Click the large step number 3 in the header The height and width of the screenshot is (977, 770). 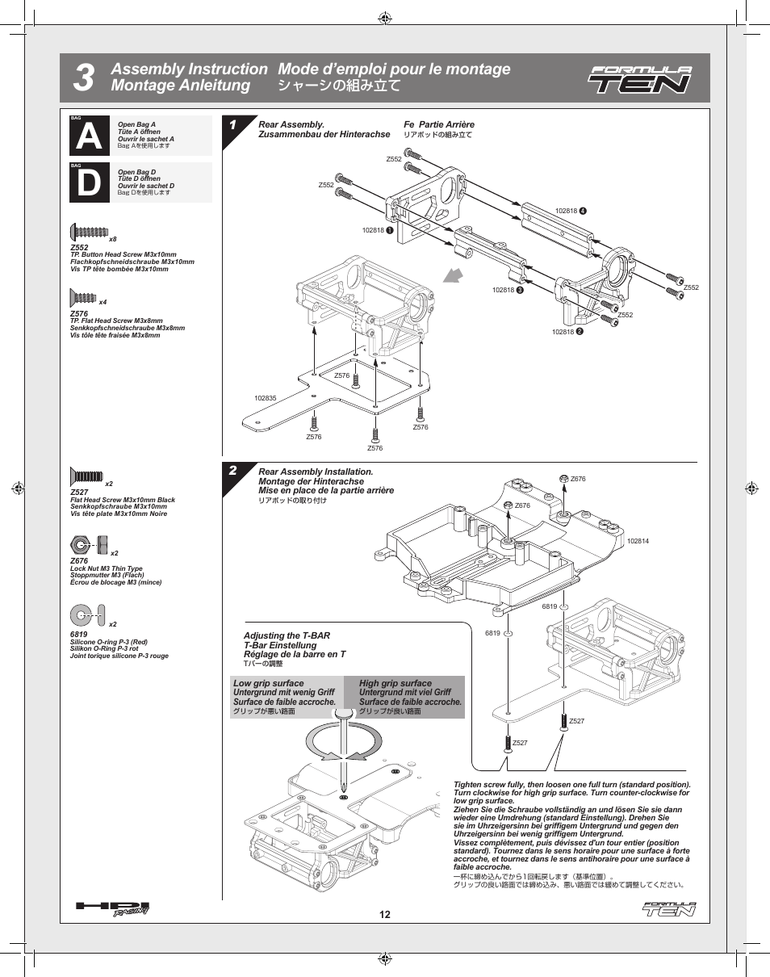(83, 78)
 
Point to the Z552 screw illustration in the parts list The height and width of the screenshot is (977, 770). (87, 233)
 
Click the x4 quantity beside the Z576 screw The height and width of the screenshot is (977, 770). (103, 302)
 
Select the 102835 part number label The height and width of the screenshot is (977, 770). (266, 398)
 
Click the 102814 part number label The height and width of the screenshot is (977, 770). (638, 541)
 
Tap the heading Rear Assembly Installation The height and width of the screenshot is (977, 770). (316, 472)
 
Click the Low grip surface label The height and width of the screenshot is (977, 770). (269, 683)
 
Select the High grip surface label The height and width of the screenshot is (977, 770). (395, 683)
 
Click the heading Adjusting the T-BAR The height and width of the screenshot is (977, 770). (287, 636)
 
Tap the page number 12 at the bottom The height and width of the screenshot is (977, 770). (385, 915)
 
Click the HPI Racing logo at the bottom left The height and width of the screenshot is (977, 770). (112, 908)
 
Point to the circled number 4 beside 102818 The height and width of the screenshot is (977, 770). (583, 211)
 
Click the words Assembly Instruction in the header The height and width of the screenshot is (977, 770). (189, 69)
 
